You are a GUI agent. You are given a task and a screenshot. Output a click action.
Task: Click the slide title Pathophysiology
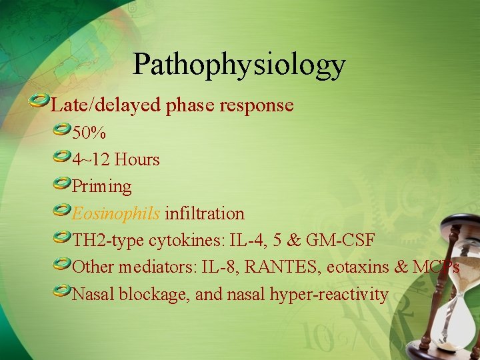[x=239, y=65]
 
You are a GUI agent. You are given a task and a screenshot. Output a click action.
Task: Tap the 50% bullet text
[x=89, y=133]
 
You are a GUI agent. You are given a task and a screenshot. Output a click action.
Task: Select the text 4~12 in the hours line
[x=91, y=160]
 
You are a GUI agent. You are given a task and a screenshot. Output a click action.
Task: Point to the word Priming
[x=101, y=187]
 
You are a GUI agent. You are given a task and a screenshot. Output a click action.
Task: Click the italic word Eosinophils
[x=116, y=213]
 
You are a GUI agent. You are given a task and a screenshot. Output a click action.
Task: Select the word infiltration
[x=205, y=213]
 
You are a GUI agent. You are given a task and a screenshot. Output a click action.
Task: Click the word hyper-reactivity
[x=329, y=293]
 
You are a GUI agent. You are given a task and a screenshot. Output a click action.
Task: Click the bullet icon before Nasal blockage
[x=62, y=290]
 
